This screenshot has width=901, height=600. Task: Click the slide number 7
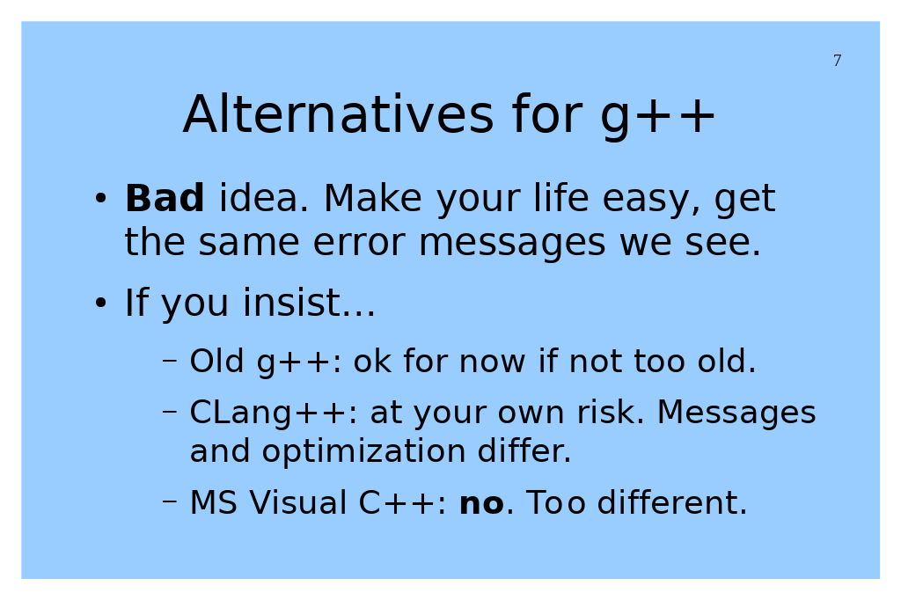(838, 61)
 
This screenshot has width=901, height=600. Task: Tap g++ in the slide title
(657, 117)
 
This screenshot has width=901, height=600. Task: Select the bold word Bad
(165, 198)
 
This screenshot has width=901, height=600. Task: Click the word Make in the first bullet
(373, 198)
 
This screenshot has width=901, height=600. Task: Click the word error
(359, 242)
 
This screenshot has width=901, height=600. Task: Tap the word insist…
(309, 302)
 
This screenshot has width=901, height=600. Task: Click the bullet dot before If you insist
(100, 303)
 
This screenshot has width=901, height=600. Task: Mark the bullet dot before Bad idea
(100, 198)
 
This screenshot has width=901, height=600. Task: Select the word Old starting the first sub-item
(216, 361)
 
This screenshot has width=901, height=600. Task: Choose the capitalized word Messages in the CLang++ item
(736, 414)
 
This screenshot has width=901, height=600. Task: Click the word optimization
(363, 452)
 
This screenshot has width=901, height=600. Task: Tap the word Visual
(297, 502)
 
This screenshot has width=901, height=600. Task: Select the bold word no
(481, 503)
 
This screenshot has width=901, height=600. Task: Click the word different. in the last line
(671, 502)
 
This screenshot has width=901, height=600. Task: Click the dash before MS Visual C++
(170, 501)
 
